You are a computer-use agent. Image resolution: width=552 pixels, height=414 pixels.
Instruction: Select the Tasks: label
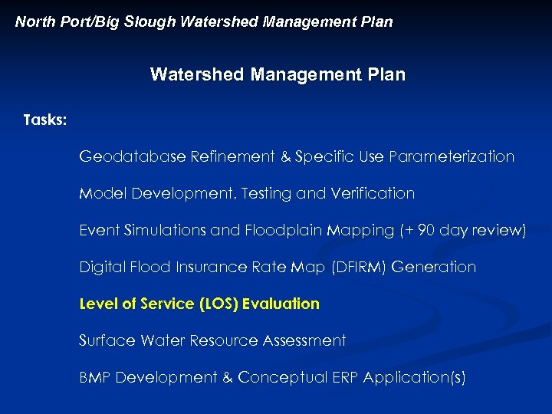45,120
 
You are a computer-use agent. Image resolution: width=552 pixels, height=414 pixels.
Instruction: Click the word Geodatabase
133,156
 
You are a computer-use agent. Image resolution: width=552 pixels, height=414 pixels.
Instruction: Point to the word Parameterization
452,156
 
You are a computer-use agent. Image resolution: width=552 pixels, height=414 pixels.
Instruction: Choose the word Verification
373,193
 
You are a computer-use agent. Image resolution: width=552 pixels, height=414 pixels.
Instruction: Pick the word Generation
434,267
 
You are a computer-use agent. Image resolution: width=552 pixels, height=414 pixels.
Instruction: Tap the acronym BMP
95,377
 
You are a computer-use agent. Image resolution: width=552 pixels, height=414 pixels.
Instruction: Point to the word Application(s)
415,377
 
